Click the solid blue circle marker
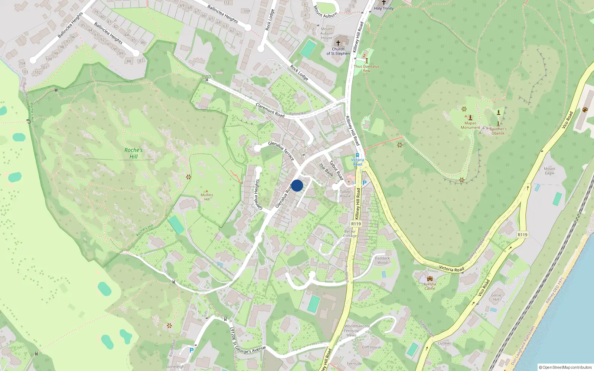pyautogui.click(x=297, y=185)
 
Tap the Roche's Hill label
pyautogui.click(x=133, y=153)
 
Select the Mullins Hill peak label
pyautogui.click(x=207, y=197)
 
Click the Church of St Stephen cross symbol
pyautogui.click(x=338, y=43)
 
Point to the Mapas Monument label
pyautogui.click(x=470, y=125)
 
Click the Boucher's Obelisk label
pyautogui.click(x=498, y=131)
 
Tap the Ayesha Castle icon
pyautogui.click(x=430, y=279)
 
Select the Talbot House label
pyautogui.click(x=345, y=194)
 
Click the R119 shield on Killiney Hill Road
pyautogui.click(x=356, y=224)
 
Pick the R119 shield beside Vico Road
pyautogui.click(x=522, y=234)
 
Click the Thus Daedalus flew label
pyautogui.click(x=366, y=68)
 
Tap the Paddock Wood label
pyautogui.click(x=382, y=260)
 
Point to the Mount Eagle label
pyautogui.click(x=549, y=171)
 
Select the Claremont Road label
pyautogui.click(x=270, y=110)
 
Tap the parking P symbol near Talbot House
pyautogui.click(x=365, y=183)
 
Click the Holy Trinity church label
pyautogui.click(x=384, y=8)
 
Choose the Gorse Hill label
pyautogui.click(x=496, y=297)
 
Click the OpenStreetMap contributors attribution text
pyautogui.click(x=565, y=367)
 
